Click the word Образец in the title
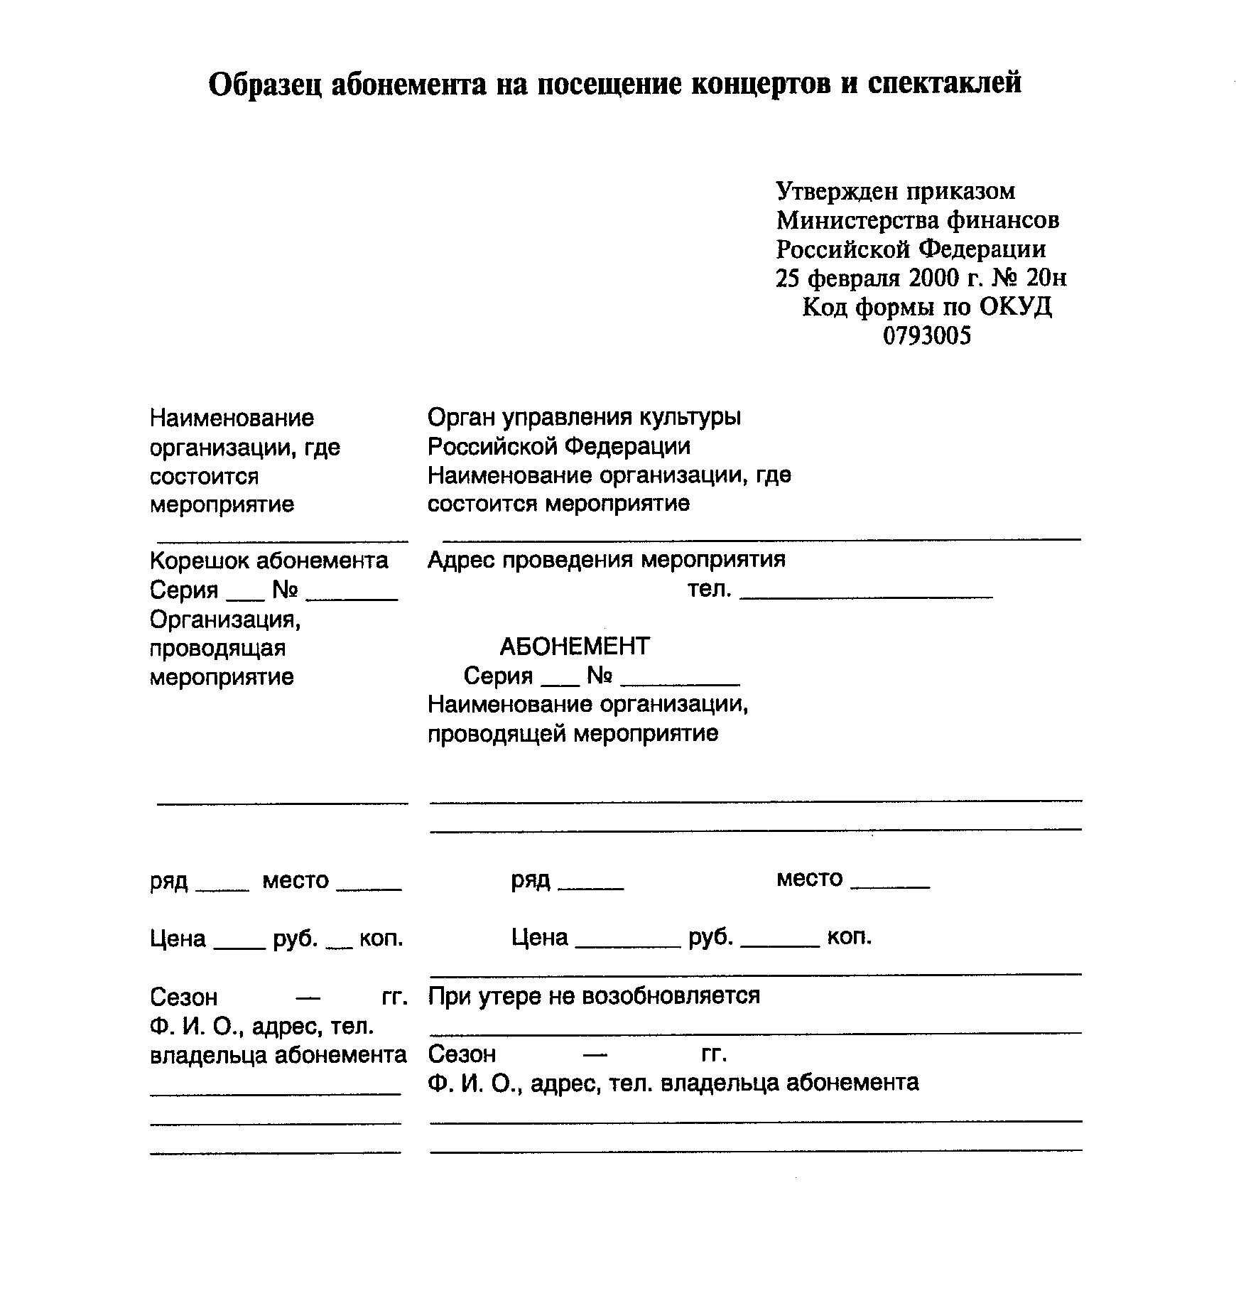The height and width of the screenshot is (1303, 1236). (264, 84)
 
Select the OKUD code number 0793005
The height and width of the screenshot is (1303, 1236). (926, 335)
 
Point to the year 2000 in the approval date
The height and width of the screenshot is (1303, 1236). (935, 278)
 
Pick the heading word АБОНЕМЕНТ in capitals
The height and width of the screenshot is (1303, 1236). (575, 647)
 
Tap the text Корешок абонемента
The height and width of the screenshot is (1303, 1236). (269, 561)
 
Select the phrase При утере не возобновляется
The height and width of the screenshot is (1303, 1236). (594, 995)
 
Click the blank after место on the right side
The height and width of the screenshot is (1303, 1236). (889, 887)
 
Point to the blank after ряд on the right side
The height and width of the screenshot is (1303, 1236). (591, 887)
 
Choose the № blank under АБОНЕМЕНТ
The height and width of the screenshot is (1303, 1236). (680, 683)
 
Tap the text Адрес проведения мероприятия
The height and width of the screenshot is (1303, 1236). (607, 560)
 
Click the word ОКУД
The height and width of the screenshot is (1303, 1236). (1015, 307)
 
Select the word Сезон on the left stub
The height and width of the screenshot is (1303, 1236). (183, 997)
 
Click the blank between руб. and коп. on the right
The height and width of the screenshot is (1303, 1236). (780, 945)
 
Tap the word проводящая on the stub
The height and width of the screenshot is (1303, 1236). (217, 648)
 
